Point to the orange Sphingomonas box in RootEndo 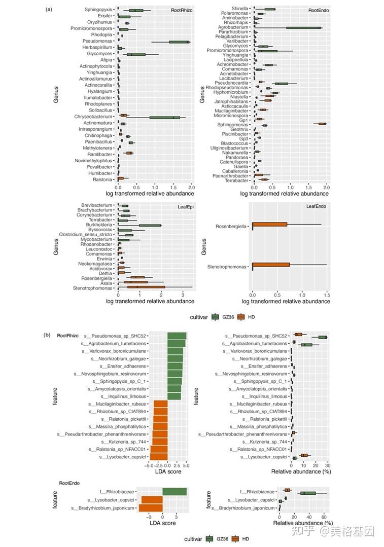322,124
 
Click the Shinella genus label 240,9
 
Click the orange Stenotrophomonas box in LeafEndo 271,264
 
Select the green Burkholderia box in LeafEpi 150,225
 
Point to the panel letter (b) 47,335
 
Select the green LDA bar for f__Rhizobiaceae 174,491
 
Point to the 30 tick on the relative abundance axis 328,465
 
